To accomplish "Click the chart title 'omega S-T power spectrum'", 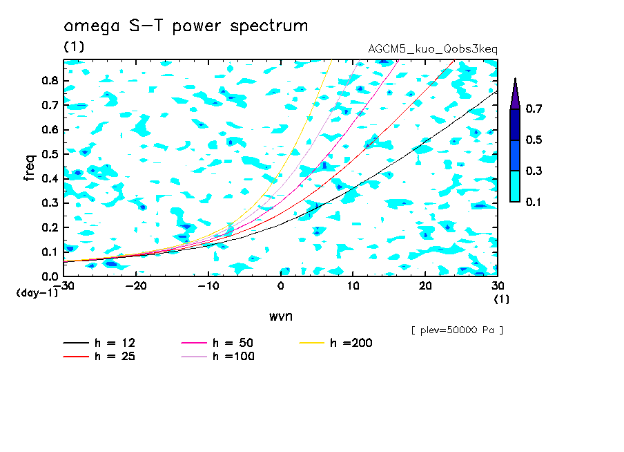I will point(186,26).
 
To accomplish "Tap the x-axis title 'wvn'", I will point(280,316).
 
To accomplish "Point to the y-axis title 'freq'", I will point(29,168).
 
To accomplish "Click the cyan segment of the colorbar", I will point(515,186).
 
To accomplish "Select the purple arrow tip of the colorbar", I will point(515,94).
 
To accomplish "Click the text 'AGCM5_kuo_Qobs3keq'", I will point(433,49).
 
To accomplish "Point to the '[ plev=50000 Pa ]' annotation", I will point(457,330).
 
